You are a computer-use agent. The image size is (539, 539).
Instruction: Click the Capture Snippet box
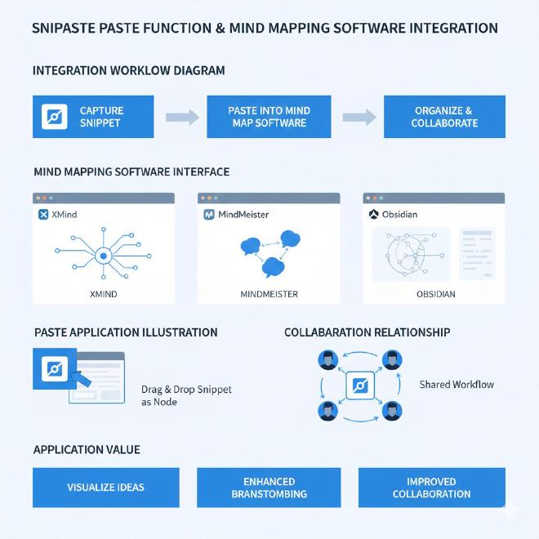pyautogui.click(x=93, y=117)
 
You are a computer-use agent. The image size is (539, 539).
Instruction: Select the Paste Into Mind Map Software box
pyautogui.click(x=269, y=117)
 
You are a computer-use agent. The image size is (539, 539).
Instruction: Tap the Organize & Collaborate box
pyautogui.click(x=443, y=117)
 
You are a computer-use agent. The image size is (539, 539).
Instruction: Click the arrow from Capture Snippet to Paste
pyautogui.click(x=182, y=117)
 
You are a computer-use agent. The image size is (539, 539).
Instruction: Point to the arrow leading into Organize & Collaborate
pyautogui.click(x=359, y=117)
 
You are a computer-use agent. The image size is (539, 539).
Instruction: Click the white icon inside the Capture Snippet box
pyautogui.click(x=54, y=117)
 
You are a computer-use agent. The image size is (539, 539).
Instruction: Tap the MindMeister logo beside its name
pyautogui.click(x=209, y=214)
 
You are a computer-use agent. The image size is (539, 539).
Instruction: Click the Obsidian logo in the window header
pyautogui.click(x=375, y=214)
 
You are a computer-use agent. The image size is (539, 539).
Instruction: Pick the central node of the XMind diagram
pyautogui.click(x=104, y=256)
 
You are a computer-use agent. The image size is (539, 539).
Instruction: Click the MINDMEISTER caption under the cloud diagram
pyautogui.click(x=269, y=294)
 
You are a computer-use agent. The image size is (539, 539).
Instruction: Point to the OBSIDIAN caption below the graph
pyautogui.click(x=435, y=294)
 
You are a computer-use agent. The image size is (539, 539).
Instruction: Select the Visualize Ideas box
pyautogui.click(x=105, y=488)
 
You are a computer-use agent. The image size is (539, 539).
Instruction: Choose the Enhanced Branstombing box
pyautogui.click(x=269, y=488)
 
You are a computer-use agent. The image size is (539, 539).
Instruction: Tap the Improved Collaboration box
pyautogui.click(x=431, y=488)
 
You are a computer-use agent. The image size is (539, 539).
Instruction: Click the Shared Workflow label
pyautogui.click(x=456, y=384)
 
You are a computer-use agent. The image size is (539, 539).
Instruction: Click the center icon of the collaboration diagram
pyautogui.click(x=360, y=385)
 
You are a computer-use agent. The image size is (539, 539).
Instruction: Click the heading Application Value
pyautogui.click(x=87, y=450)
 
